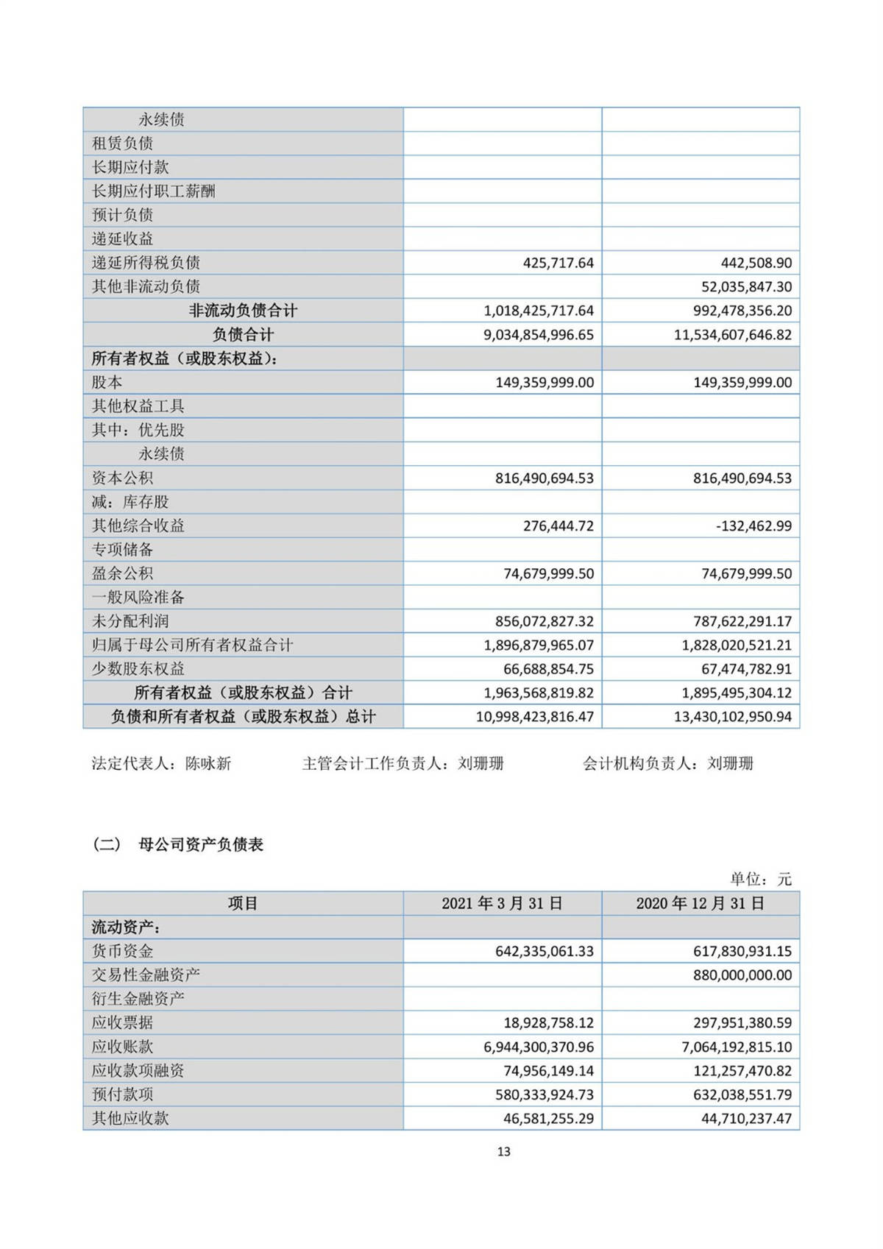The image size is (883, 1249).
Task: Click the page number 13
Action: [503, 1151]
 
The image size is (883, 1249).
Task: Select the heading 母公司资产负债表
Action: [201, 844]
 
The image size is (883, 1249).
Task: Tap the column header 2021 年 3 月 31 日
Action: [502, 903]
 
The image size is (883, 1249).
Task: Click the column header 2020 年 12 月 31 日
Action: [701, 903]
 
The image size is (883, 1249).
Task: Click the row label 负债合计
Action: [243, 335]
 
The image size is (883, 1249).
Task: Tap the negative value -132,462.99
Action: [753, 526]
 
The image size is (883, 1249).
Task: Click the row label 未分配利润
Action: [130, 621]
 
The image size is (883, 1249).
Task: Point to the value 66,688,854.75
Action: [548, 669]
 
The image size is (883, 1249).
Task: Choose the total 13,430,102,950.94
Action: [732, 717]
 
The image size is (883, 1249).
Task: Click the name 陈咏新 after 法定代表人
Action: [208, 763]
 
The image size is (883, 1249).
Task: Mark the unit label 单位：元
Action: [761, 879]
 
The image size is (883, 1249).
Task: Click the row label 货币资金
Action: [122, 951]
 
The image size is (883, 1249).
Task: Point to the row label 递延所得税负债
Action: [146, 263]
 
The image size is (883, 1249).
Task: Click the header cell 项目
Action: [243, 903]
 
